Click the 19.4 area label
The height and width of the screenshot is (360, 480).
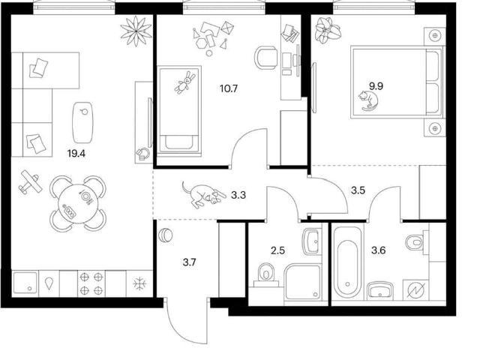[x=76, y=153]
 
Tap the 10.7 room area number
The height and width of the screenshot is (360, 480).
[x=229, y=88]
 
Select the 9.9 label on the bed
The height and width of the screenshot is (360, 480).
[x=376, y=86]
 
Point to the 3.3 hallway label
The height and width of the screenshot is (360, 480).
[x=238, y=195]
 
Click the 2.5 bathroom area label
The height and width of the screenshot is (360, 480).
[x=278, y=250]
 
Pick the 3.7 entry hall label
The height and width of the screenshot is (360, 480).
[x=189, y=262]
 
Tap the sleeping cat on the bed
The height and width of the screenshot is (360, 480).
[x=368, y=100]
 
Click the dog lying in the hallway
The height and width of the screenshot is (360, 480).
[x=203, y=195]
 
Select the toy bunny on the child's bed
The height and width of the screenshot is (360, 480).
[x=183, y=82]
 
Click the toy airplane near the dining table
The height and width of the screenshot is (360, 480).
[x=30, y=182]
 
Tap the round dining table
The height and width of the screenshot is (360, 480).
[x=78, y=203]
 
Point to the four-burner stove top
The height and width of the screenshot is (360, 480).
[x=91, y=283]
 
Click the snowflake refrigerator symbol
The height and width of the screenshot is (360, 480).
[x=139, y=283]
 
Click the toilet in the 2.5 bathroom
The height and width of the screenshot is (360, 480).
[x=265, y=273]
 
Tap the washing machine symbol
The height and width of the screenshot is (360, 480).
[x=415, y=289]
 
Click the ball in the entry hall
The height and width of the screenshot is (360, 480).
[x=165, y=235]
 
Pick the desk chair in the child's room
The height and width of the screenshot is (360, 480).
[x=266, y=58]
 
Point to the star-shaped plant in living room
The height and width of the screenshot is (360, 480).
[x=136, y=31]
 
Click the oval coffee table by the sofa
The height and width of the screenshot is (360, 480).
[x=82, y=122]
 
